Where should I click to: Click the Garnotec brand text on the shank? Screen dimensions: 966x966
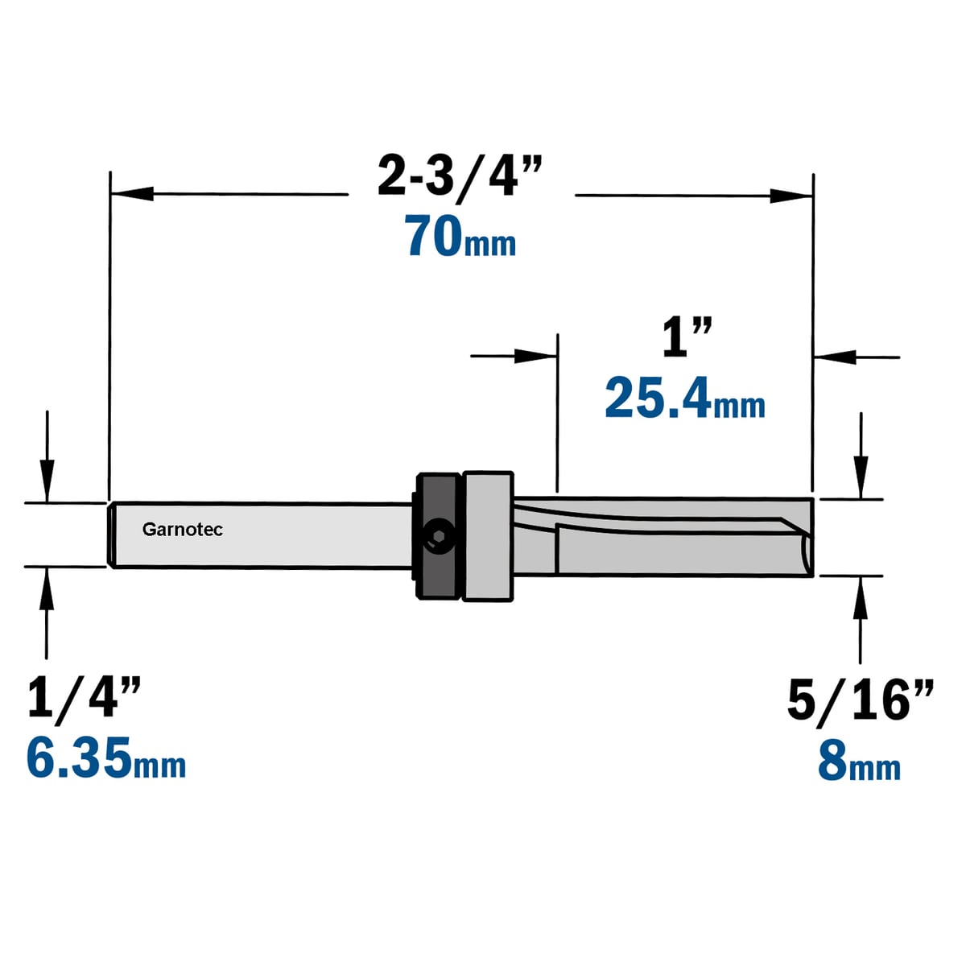coord(183,530)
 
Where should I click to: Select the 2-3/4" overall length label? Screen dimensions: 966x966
coord(460,175)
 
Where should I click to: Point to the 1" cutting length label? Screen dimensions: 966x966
coord(687,339)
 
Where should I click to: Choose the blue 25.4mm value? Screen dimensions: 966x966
coord(685,399)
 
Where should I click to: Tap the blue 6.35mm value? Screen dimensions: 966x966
coord(106,758)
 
